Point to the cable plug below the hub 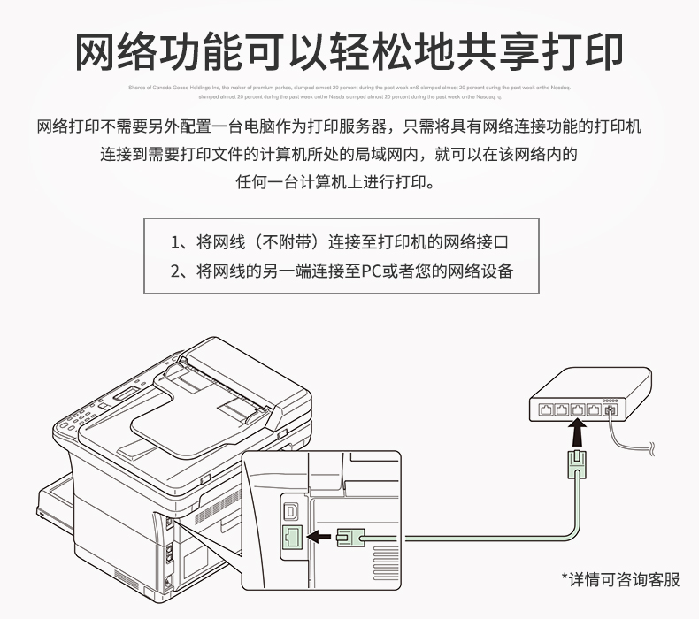pyautogui.click(x=577, y=462)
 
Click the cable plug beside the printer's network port pyautogui.click(x=349, y=536)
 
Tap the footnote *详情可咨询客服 pyautogui.click(x=621, y=580)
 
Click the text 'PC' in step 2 pyautogui.click(x=370, y=271)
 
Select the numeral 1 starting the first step pyautogui.click(x=174, y=242)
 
